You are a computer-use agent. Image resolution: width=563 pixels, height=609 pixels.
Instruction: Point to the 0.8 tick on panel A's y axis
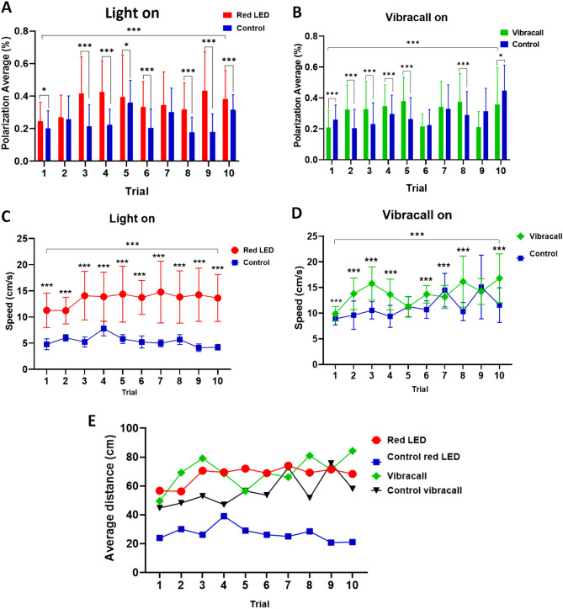[x=24, y=31]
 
